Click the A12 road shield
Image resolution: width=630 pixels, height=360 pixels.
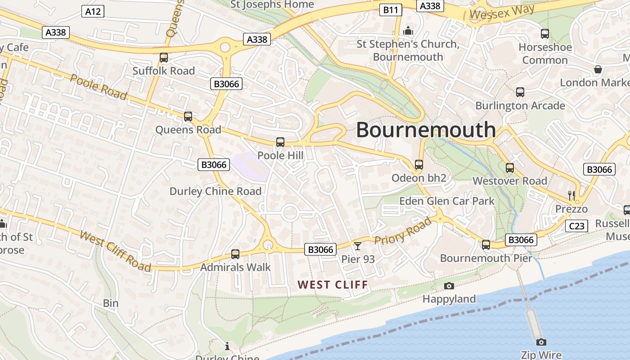(x=93, y=12)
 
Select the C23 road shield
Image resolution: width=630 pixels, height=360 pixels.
(x=576, y=226)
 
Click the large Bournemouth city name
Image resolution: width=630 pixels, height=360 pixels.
(x=426, y=130)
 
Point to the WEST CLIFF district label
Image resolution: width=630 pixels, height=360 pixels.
(x=333, y=285)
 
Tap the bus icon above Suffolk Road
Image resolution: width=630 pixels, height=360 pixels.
(x=164, y=58)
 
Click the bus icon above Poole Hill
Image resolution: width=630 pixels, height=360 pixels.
(x=280, y=142)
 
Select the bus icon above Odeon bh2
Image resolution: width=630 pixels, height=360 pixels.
(x=419, y=165)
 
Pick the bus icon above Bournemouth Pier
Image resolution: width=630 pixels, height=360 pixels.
(x=486, y=245)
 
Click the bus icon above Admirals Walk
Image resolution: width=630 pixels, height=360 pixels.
(x=235, y=254)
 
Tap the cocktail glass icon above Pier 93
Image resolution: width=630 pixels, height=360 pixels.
(x=358, y=246)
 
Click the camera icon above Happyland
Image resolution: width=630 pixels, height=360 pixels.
(x=449, y=286)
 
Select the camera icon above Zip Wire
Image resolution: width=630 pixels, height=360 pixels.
(x=541, y=342)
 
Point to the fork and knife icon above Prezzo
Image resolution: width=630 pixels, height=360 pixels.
(x=571, y=195)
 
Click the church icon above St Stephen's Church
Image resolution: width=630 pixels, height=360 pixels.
(x=408, y=31)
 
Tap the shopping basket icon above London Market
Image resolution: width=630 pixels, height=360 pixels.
(x=598, y=69)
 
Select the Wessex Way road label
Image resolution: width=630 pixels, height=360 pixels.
(x=502, y=12)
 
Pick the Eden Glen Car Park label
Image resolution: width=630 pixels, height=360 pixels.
(x=447, y=201)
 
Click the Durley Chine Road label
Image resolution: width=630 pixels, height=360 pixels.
(x=215, y=191)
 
